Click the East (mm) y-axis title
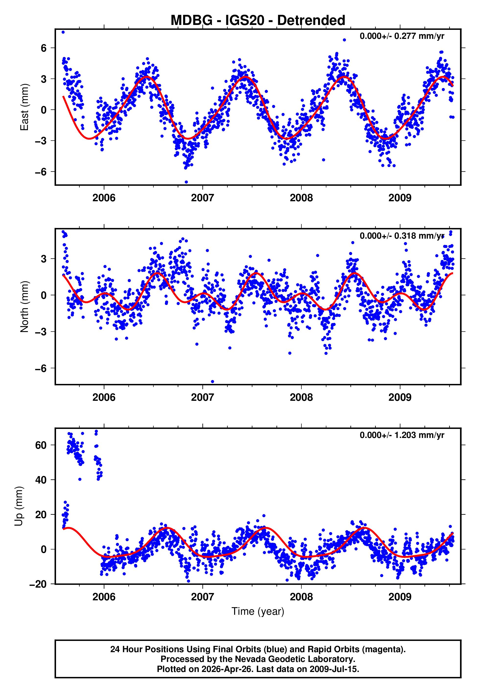coord(24,107)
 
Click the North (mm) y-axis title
coord(24,307)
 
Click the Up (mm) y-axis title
coord(19,506)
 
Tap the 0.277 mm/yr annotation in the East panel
coord(401,36)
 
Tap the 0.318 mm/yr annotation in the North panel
coord(401,236)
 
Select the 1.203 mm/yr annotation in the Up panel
coord(401,435)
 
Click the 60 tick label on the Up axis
coord(41,445)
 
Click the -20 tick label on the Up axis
coord(38,584)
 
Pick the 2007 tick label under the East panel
coord(202,198)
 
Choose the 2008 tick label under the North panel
coord(301,397)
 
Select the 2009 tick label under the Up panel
coord(400,597)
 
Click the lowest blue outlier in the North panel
coord(212,382)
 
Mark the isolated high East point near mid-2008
coord(344,40)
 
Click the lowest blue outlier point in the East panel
coord(186,182)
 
